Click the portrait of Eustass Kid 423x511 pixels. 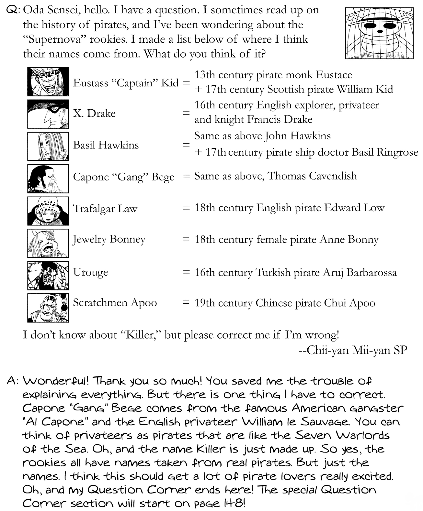click(x=48, y=82)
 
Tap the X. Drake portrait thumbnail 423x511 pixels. click(x=48, y=114)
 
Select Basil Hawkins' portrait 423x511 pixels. click(x=48, y=146)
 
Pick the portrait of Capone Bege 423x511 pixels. click(x=48, y=179)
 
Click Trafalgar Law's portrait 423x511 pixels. click(x=48, y=211)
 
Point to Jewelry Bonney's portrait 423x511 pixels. click(x=48, y=243)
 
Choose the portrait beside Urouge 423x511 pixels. click(x=48, y=276)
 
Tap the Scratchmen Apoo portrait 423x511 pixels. click(x=48, y=308)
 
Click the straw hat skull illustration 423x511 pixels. click(x=380, y=33)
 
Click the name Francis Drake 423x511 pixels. click(x=280, y=119)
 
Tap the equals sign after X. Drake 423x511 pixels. click(x=186, y=113)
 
